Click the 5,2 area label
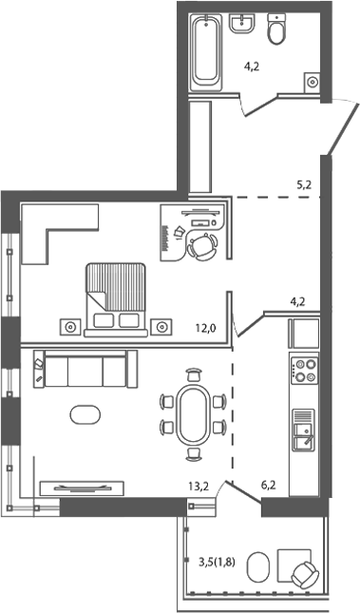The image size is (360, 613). tap(304, 185)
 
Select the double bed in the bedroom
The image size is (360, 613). tap(117, 297)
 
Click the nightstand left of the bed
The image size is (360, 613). tap(71, 326)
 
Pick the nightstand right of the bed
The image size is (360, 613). tap(162, 326)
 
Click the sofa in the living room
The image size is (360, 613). tap(85, 370)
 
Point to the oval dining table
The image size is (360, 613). tap(195, 413)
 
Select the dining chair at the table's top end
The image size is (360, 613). tap(195, 374)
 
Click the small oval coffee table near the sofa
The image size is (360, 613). tap(83, 415)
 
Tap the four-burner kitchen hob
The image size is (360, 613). tap(304, 369)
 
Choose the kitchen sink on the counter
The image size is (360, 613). tap(303, 429)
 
